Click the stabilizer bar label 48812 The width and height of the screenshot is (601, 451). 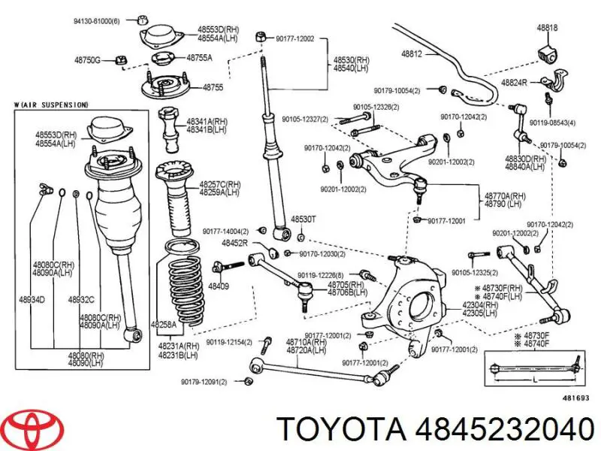point(411,54)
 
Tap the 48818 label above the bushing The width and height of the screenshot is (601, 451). point(547,28)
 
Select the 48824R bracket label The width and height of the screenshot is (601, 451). point(514,82)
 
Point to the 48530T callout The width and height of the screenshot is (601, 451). point(304,219)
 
